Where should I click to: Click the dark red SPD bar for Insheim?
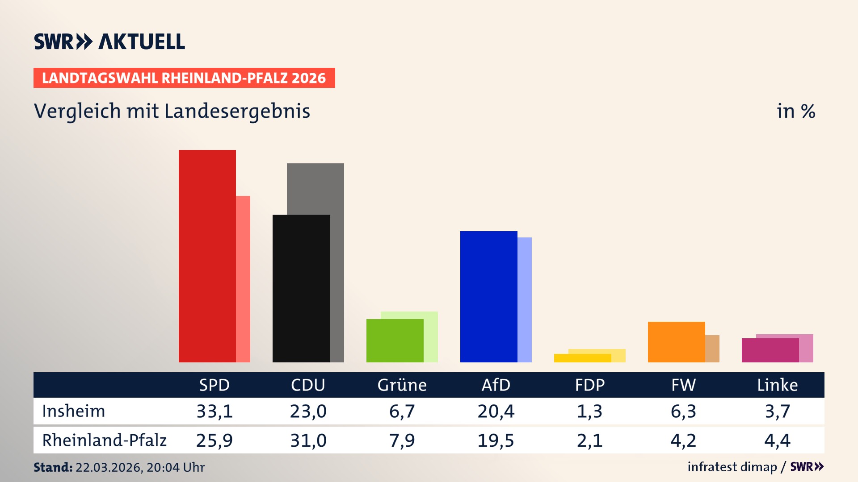tap(207, 256)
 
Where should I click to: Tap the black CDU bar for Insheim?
tap(301, 288)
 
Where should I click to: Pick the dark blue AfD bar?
tap(489, 296)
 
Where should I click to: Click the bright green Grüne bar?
tap(395, 341)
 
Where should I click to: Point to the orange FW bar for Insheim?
tap(677, 342)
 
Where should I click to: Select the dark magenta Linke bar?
tap(770, 350)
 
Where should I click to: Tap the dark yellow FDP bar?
tap(583, 358)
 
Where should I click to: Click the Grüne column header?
tap(402, 385)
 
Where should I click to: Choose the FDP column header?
tap(590, 385)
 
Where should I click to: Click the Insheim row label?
tap(74, 411)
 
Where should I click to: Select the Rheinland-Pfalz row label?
tap(104, 440)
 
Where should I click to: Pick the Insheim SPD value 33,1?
tap(214, 411)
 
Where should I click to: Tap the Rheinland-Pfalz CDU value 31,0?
tap(308, 440)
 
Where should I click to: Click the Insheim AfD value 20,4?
tap(496, 411)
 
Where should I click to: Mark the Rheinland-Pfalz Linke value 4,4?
tap(778, 440)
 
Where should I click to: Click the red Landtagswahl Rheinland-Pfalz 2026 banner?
tap(184, 78)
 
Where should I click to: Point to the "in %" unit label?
tap(795, 112)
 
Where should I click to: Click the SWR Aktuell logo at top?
tap(109, 42)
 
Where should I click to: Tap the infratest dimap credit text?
tap(732, 467)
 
